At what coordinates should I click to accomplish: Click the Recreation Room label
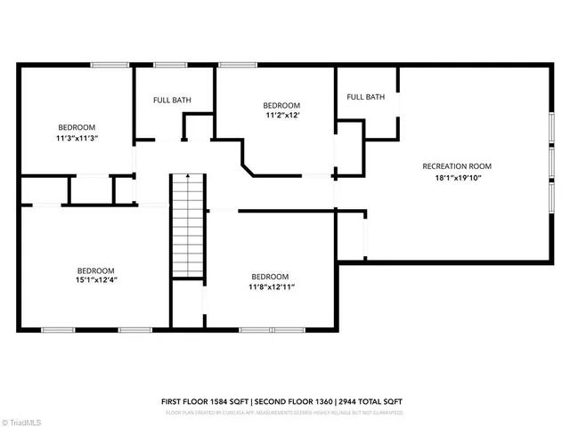[x=457, y=166]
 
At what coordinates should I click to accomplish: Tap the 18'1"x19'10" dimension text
[x=457, y=178]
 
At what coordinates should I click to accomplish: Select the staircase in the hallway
[x=187, y=227]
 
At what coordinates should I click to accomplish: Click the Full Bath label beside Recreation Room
[x=365, y=97]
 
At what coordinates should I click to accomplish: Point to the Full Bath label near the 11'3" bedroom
[x=172, y=101]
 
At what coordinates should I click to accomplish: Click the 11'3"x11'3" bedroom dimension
[x=77, y=139]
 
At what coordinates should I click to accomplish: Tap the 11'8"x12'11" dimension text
[x=271, y=286]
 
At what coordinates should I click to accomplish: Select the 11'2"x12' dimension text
[x=282, y=116]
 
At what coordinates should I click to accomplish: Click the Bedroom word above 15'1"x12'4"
[x=94, y=270]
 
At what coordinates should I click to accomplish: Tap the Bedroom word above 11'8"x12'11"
[x=270, y=276]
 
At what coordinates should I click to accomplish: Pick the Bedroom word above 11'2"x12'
[x=282, y=105]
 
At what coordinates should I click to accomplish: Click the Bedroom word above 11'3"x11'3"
[x=77, y=127]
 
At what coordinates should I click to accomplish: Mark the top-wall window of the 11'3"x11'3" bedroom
[x=109, y=64]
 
